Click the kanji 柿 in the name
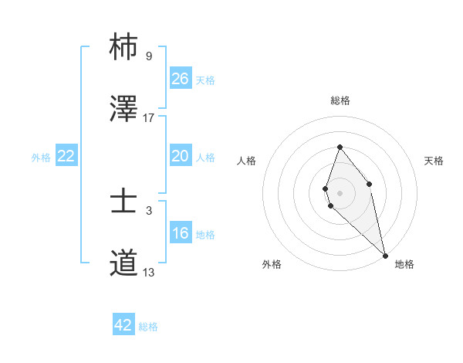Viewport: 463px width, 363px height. pos(124,46)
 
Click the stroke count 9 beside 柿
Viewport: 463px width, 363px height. pos(148,56)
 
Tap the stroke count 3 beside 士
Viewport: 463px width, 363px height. pos(148,210)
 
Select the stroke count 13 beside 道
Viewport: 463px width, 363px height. pos(148,272)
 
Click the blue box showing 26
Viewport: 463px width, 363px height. pos(181,79)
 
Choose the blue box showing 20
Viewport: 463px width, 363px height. pos(181,156)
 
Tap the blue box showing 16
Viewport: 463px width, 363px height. pos(181,233)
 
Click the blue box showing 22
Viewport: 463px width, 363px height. pos(66,156)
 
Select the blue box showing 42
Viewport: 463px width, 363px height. pos(123,325)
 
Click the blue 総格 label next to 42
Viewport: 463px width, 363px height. pos(148,327)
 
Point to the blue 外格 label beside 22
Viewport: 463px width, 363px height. pos(41,158)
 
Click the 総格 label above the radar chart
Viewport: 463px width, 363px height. pos(340,100)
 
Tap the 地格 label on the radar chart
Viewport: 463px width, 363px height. pos(404,264)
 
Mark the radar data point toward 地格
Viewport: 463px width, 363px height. pos(385,256)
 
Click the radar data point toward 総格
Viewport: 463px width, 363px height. pos(340,147)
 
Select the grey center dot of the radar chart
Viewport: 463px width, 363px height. pos(340,192)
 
